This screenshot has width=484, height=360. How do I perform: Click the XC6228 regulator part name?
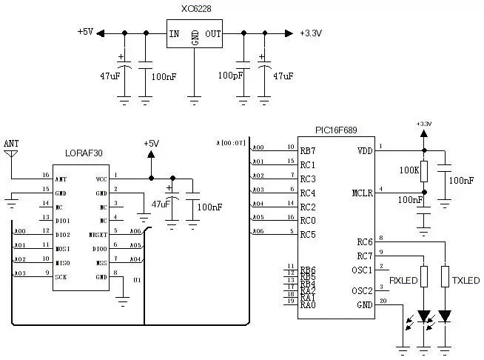pyautogui.click(x=195, y=9)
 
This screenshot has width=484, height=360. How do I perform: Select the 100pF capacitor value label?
pyautogui.click(x=230, y=76)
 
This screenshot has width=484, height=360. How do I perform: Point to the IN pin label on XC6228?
pyautogui.click(x=174, y=33)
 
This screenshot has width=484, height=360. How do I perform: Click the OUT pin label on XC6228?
pyautogui.click(x=213, y=33)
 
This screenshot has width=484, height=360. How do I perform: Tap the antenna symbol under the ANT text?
pyautogui.click(x=10, y=155)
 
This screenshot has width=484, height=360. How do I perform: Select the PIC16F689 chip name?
pyautogui.click(x=337, y=130)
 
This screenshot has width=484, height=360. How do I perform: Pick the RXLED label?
pyautogui.click(x=404, y=281)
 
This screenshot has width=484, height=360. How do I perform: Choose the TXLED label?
pyautogui.click(x=465, y=281)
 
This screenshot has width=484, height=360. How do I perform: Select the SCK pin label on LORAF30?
pyautogui.click(x=61, y=274)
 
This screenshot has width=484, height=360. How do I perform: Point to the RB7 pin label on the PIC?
pyautogui.click(x=308, y=150)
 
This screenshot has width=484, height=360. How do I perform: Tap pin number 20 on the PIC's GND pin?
pyautogui.click(x=383, y=301)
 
